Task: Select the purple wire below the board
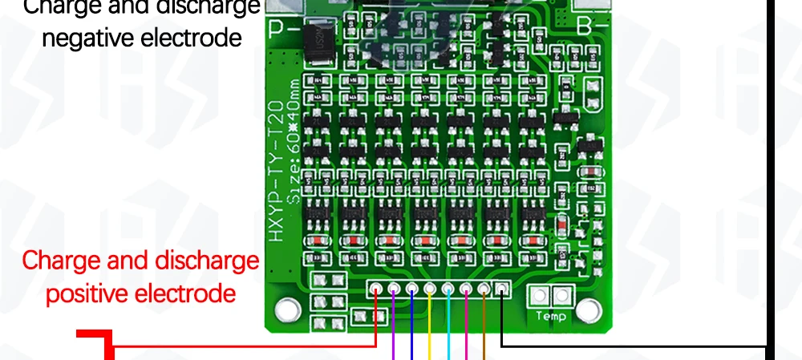point(393,337)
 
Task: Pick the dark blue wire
point(411,337)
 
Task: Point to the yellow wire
point(430,337)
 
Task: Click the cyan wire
point(448,337)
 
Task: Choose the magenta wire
point(466,337)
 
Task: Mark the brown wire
point(484,337)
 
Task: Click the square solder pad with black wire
point(502,289)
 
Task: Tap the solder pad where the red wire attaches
point(375,289)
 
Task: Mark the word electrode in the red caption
point(187,294)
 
